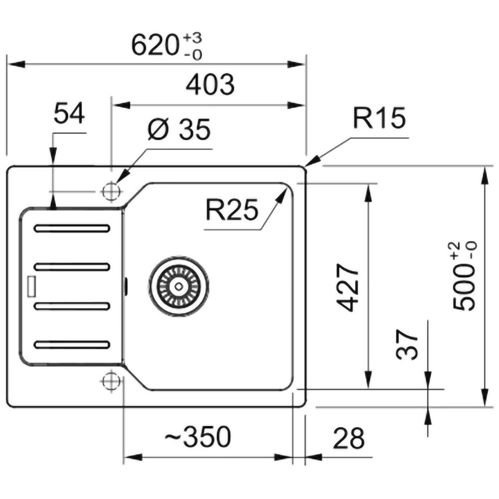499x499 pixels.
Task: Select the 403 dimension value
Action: pos(210,85)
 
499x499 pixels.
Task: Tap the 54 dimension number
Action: pos(69,113)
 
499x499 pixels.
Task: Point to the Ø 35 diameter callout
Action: pos(180,131)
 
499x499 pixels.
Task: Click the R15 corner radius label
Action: pos(379,119)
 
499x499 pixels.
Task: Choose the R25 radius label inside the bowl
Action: pos(232,211)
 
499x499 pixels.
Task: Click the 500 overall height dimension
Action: pos(464,289)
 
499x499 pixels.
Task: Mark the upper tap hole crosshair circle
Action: pos(110,191)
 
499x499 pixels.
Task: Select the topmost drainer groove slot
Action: pos(72,229)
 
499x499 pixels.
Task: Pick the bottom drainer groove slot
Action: pos(72,344)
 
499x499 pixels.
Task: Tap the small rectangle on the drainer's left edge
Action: pos(32,285)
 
